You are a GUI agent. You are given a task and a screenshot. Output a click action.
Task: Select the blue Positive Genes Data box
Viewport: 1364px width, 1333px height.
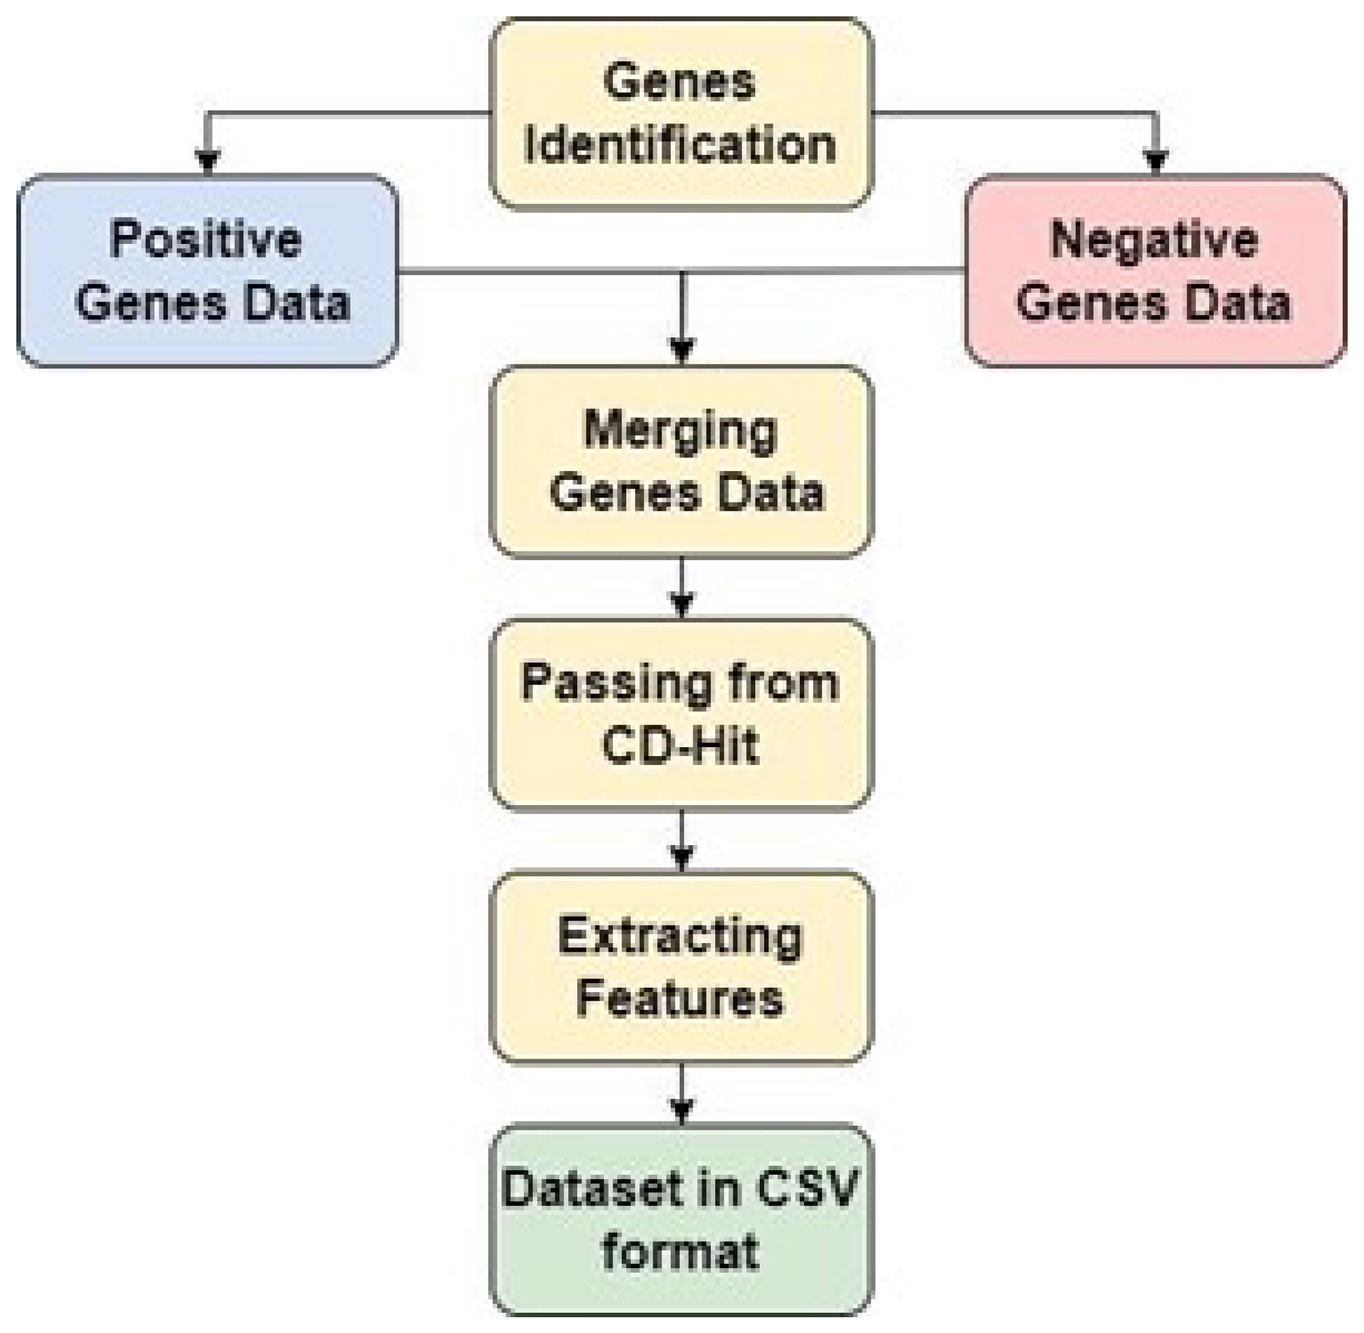pos(208,271)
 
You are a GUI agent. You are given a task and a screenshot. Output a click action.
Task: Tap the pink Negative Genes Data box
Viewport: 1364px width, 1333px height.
pos(1155,271)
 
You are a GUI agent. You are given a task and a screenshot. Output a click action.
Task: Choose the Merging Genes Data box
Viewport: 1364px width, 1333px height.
pos(681,461)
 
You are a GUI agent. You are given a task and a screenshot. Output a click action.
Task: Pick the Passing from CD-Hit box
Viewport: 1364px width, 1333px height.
pos(681,714)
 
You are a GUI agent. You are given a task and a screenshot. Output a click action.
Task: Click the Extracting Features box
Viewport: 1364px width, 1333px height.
pos(681,967)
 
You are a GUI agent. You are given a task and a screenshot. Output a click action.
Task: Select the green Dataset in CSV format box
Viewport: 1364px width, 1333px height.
pos(681,1220)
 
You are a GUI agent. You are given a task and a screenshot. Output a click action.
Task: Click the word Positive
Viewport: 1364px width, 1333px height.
pos(205,240)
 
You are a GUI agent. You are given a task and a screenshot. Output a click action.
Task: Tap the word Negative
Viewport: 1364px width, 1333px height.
pos(1154,240)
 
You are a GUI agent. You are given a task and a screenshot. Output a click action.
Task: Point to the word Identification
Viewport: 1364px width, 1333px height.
pos(680,145)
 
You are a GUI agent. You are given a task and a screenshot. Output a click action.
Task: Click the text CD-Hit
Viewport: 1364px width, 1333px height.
pos(680,745)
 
